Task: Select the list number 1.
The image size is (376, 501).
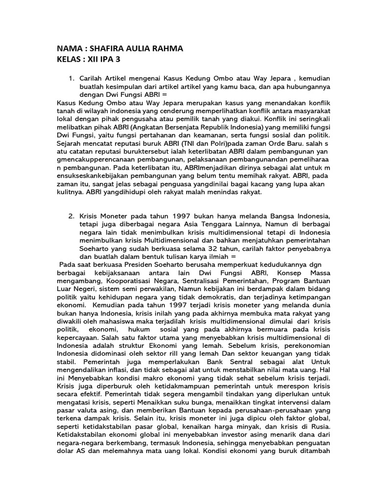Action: coord(71,78)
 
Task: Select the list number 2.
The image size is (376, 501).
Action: coord(71,216)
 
